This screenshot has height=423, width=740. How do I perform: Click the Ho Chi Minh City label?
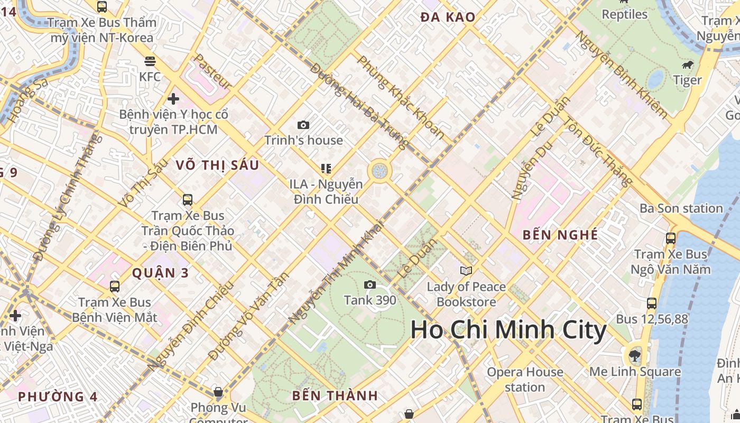[x=508, y=330]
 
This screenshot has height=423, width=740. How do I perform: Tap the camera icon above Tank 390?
[x=370, y=285]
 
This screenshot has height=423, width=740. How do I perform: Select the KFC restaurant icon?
[x=150, y=61]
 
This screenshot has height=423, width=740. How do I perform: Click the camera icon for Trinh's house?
[x=303, y=125]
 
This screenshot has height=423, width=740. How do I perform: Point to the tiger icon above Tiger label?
[x=688, y=65]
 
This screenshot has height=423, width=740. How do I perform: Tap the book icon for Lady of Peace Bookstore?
[x=466, y=271]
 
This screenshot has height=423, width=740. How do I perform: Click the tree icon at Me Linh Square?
[x=634, y=355]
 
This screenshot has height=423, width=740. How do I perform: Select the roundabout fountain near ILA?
[x=379, y=171]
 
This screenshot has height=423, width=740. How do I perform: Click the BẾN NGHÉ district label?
[x=560, y=235]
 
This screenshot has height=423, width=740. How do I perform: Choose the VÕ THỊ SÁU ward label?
[x=217, y=165]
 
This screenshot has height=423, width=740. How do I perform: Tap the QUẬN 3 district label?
[x=160, y=273]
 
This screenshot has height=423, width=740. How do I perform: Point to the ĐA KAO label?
[x=448, y=17]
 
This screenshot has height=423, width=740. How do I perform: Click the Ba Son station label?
[x=681, y=208]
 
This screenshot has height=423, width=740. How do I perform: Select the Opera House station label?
[x=525, y=380]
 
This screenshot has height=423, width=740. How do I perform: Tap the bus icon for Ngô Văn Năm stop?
[x=671, y=238]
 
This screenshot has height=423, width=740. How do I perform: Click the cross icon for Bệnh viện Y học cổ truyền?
[x=173, y=99]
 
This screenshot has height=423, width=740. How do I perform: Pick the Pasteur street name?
[x=213, y=71]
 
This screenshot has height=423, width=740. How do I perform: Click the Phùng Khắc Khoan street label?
[x=401, y=97]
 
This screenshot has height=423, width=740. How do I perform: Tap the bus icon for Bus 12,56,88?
[x=652, y=304]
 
